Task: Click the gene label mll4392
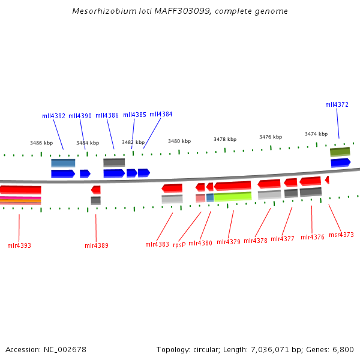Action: tap(53, 116)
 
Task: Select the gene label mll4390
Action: tap(80, 116)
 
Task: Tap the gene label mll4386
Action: tap(107, 115)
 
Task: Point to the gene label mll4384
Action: tap(161, 114)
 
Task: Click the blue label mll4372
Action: tap(337, 104)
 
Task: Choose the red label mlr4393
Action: tap(19, 245)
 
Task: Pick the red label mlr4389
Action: tap(97, 245)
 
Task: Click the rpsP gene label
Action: tap(179, 245)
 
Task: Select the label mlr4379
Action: tap(228, 242)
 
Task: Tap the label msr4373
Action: tap(341, 235)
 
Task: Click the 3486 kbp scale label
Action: tap(41, 143)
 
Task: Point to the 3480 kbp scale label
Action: tap(179, 141)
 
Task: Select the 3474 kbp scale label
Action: tap(316, 134)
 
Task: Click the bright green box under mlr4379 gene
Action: tap(233, 196)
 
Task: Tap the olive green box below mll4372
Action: tap(340, 152)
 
